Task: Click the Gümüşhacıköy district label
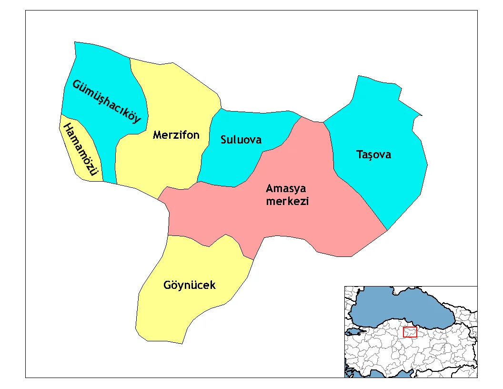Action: pyautogui.click(x=107, y=101)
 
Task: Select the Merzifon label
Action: pyautogui.click(x=176, y=135)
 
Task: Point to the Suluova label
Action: pyautogui.click(x=241, y=140)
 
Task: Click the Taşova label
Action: pyautogui.click(x=373, y=154)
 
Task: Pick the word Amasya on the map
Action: pyautogui.click(x=286, y=188)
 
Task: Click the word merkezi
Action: pyautogui.click(x=287, y=201)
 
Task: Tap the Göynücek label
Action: pyautogui.click(x=189, y=285)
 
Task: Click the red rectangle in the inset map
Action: pyautogui.click(x=410, y=332)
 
